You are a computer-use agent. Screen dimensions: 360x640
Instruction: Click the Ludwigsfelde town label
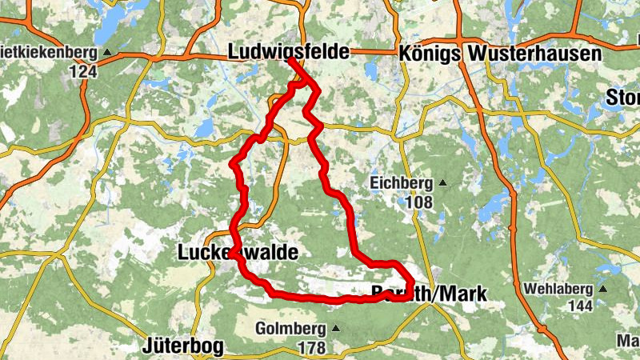(289, 52)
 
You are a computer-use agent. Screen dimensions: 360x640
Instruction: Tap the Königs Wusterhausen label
(500, 54)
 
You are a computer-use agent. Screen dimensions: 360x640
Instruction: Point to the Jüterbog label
(183, 346)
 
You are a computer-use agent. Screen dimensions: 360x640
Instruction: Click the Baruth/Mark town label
(430, 294)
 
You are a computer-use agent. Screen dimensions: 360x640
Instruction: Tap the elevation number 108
(418, 202)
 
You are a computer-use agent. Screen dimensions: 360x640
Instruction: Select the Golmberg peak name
(290, 329)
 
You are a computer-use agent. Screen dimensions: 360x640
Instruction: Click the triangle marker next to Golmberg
(334, 329)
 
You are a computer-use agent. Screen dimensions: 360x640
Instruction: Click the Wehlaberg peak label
(558, 289)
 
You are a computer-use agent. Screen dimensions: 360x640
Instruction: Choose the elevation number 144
(579, 306)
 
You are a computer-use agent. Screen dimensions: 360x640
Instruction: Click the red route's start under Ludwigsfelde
(290, 61)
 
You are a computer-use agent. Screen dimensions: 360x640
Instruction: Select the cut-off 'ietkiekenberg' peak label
(48, 54)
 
